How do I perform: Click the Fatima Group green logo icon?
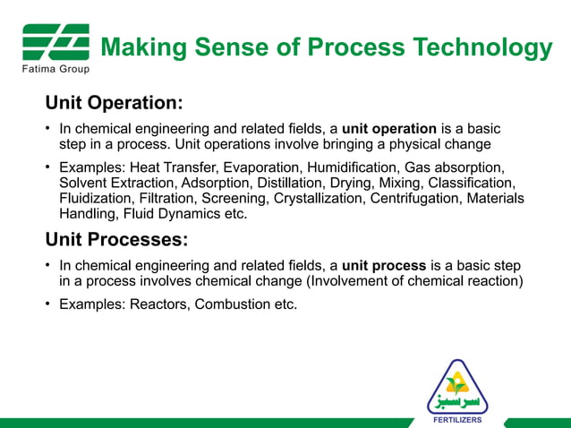(55, 42)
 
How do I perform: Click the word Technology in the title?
(478, 47)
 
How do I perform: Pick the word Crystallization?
(313, 198)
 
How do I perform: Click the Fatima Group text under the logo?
(55, 68)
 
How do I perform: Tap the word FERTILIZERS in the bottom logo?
(457, 418)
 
